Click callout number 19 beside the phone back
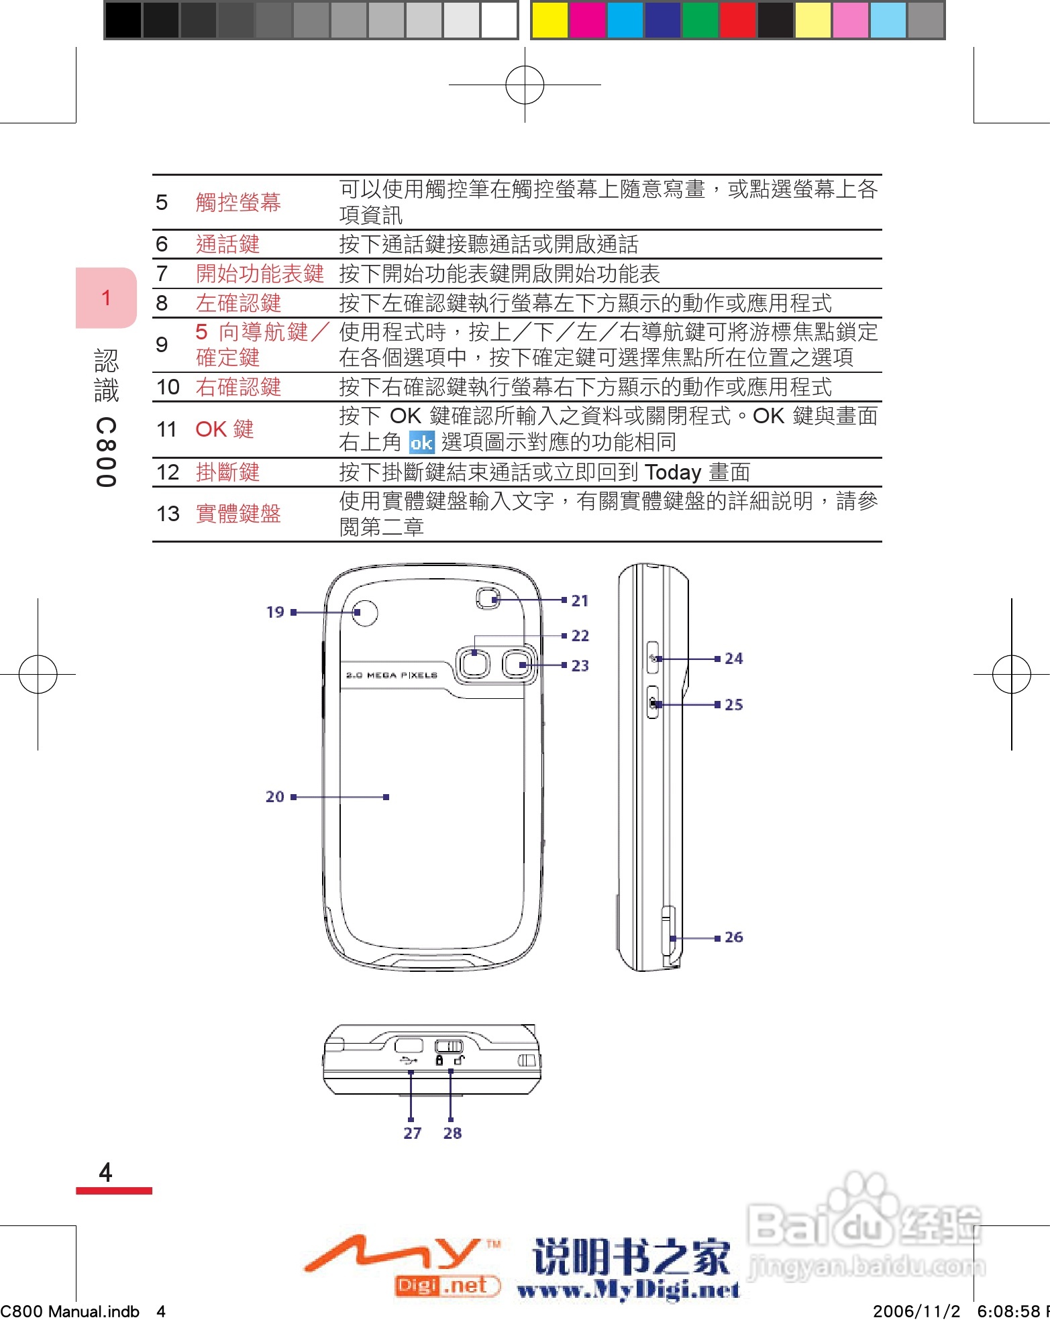pos(275,612)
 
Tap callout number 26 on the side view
pos(733,937)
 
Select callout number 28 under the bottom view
pos(452,1133)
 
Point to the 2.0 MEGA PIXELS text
pos(392,675)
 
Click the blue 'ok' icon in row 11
pos(421,443)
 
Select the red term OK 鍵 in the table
pos(224,429)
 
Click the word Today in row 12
pos(673,472)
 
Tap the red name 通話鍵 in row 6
pos(227,244)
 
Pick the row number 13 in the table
pos(168,514)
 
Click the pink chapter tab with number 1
pos(106,298)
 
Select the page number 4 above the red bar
pos(105,1172)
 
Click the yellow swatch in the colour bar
pos(549,20)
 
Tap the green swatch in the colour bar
pos(699,20)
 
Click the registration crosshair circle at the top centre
pos(525,85)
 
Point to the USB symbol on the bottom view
pos(408,1060)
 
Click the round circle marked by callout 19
pos(364,612)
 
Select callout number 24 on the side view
pos(733,659)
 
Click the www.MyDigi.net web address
pos(629,1289)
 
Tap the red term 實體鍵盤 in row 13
pos(238,514)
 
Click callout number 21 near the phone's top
pos(580,600)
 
